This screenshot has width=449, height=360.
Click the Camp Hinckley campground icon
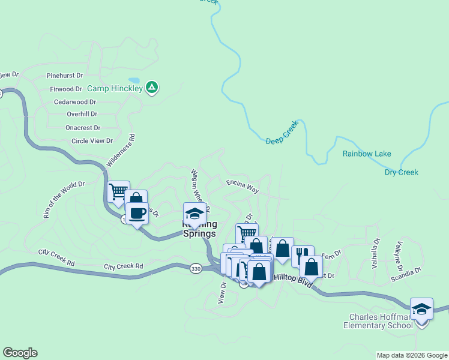coord(152,88)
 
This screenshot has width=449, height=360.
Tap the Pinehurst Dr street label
coord(65,76)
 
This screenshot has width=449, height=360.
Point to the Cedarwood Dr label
coord(75,102)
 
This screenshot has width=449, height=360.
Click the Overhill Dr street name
coord(82,113)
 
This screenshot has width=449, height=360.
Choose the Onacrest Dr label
coord(83,128)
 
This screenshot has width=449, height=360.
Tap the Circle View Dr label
coord(92,141)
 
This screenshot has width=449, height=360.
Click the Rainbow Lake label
coord(367,154)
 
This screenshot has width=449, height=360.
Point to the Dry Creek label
coord(401,173)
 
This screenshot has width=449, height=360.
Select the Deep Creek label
coord(282,134)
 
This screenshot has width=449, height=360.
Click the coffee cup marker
coord(137,214)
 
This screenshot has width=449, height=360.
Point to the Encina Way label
coord(243,185)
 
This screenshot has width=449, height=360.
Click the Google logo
coord(20,353)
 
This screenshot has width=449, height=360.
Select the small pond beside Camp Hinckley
coord(134,80)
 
